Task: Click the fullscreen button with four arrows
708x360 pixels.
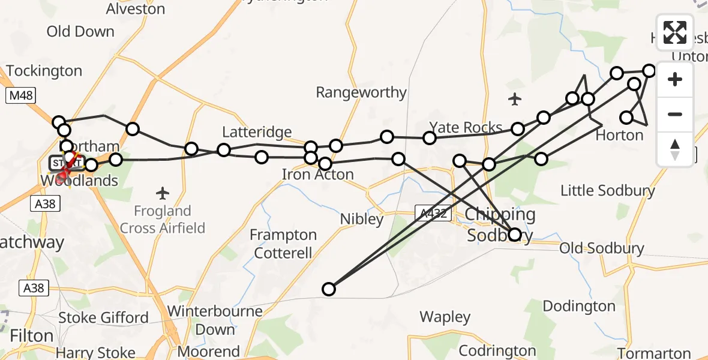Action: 675,32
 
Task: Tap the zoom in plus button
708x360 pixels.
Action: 675,79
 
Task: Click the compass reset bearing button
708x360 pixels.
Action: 675,149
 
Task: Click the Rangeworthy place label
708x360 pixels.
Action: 361,92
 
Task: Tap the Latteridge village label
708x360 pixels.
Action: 257,132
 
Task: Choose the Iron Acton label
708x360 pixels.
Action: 318,175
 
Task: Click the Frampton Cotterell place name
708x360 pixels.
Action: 283,244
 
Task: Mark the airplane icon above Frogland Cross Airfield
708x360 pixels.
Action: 162,193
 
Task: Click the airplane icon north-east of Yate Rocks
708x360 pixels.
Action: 515,99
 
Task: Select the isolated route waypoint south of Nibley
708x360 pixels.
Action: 328,289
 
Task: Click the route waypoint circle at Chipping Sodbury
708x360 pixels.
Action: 515,235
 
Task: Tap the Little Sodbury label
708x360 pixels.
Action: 607,191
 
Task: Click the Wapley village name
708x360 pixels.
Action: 445,317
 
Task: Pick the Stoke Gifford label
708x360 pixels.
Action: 103,317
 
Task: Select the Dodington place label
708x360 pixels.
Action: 579,306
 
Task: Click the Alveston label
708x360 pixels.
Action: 136,8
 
